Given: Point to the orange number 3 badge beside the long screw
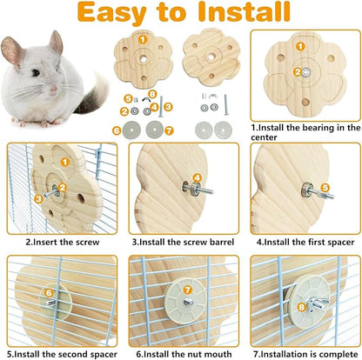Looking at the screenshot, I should click(x=167, y=106).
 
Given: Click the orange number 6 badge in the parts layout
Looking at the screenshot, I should click(x=116, y=130).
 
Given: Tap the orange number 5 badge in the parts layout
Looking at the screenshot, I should click(x=127, y=97).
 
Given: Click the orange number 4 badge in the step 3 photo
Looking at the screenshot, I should click(x=197, y=178).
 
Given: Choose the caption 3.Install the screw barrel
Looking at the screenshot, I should click(x=181, y=241).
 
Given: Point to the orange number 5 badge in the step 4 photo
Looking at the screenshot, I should click(x=325, y=185).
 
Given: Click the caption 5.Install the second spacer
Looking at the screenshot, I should click(x=58, y=353).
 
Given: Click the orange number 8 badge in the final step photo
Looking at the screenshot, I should click(x=302, y=305).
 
